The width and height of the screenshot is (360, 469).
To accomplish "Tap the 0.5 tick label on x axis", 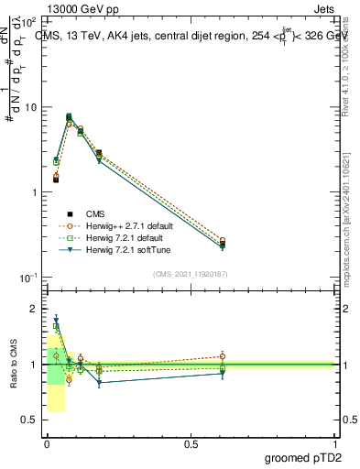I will click(191, 442).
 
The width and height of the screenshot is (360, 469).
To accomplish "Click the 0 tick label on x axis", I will click(46, 442).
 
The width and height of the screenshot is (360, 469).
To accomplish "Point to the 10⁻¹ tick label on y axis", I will click(27, 277).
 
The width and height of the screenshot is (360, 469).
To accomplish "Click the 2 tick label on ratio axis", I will click(33, 309).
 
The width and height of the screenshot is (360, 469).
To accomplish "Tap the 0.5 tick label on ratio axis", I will click(28, 420).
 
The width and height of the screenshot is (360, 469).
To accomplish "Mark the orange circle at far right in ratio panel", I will click(223, 356).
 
